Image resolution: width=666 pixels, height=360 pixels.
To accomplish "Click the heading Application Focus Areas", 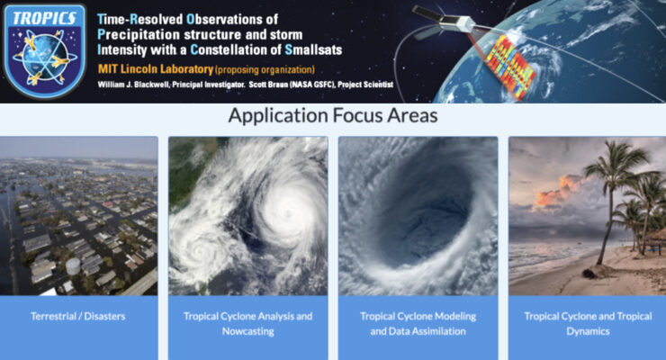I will [x=332, y=115].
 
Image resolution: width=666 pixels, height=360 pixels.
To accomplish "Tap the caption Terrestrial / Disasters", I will [x=78, y=317].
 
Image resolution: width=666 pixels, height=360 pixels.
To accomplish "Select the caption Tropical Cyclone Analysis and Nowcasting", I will [x=247, y=324].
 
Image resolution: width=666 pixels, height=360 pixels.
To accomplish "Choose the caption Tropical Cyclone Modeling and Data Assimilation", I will [x=418, y=324].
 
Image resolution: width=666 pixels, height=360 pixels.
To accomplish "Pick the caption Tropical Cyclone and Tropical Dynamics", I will [x=587, y=324].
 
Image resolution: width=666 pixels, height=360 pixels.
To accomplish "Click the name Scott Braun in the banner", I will [x=257, y=85].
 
